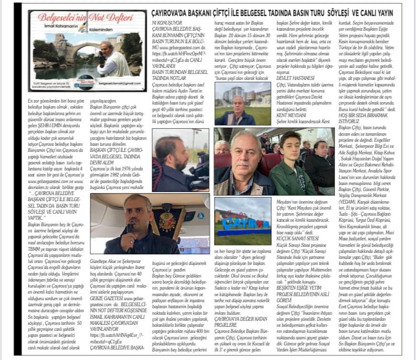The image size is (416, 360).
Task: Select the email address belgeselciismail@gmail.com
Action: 114,86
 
